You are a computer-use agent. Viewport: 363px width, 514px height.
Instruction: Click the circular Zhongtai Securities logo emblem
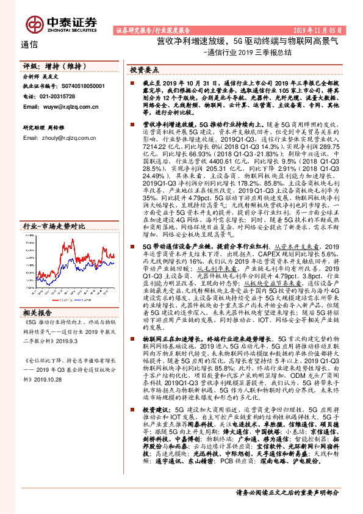click(x=34, y=23)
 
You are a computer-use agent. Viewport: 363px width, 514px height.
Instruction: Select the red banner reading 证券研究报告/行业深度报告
click(x=153, y=29)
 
